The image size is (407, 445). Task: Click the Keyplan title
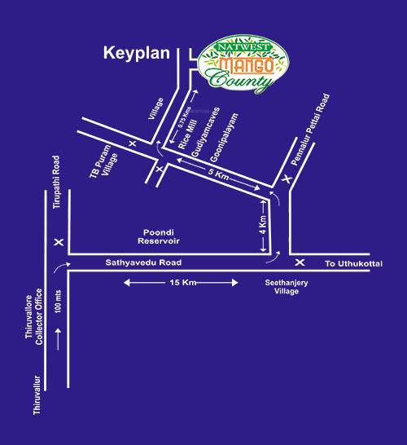point(135,55)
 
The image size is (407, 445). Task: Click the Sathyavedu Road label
point(140,264)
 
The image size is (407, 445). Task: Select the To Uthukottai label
point(352,264)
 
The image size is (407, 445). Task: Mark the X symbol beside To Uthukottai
point(300,262)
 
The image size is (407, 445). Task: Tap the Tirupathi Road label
point(57,183)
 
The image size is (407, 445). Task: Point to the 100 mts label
point(57,306)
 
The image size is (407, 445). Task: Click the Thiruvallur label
point(36,398)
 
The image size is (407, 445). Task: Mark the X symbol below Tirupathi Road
point(58,243)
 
